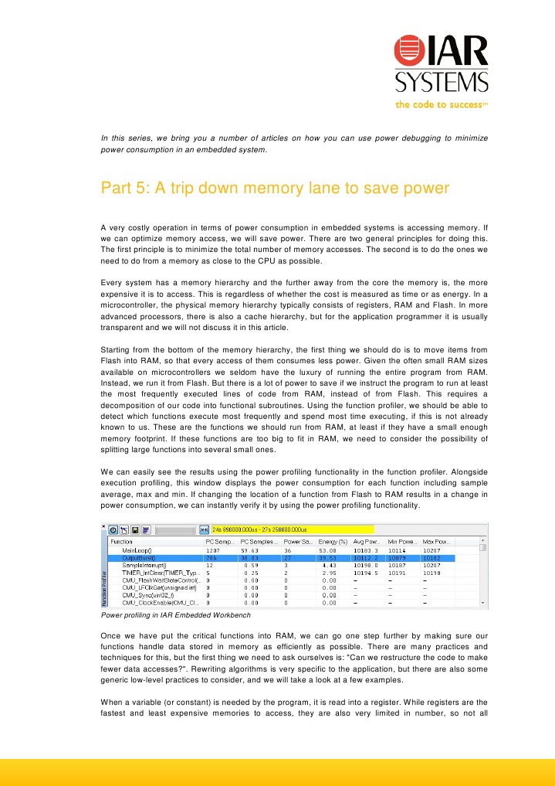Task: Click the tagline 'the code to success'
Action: coord(442,105)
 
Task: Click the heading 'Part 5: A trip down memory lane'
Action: coord(275,189)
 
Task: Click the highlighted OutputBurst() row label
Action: coord(139,557)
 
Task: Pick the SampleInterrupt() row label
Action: coord(144,565)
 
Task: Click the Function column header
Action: coord(124,541)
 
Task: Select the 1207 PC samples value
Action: coord(212,550)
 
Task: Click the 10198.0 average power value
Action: coord(365,565)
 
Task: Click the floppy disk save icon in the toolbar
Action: coord(134,530)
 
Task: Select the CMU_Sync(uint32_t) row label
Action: coord(147,595)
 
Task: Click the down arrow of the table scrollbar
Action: coord(483,603)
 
